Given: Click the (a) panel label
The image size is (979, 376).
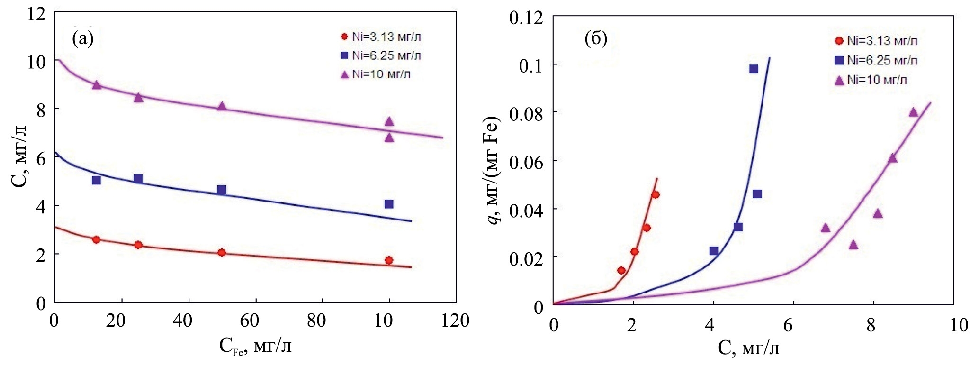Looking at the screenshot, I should pos(83,38).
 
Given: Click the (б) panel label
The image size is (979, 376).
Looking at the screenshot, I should pos(596,38).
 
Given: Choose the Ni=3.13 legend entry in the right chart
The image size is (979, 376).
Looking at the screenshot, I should pos(876,41).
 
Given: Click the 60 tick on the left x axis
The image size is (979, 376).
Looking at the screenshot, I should pos(250,321).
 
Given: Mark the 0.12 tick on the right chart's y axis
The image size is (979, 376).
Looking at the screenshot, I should pos(526,18).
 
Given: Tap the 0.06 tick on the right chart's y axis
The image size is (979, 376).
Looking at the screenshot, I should pos(526,161).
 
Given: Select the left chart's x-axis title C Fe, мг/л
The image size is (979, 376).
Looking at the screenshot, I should pos(255,346).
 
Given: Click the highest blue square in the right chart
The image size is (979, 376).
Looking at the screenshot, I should pos(754,69).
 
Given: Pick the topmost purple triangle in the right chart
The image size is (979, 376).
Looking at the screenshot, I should pos(914,112).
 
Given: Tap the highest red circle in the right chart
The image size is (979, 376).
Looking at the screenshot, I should pos(655,194).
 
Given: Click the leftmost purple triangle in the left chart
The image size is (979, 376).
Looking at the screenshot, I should pos(96,85).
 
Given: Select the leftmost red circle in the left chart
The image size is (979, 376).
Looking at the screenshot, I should pos(96,239).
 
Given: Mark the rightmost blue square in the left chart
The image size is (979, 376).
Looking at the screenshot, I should pos(389,204).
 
